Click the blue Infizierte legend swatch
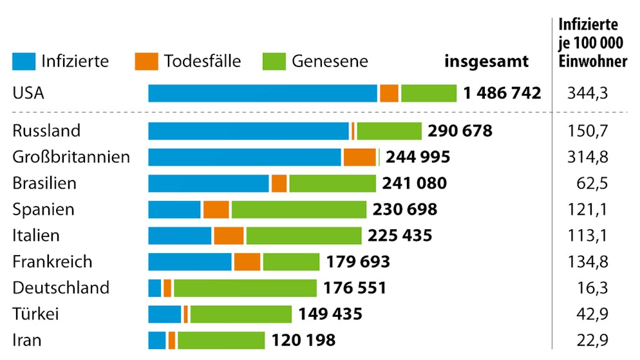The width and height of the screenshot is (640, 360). tap(24, 61)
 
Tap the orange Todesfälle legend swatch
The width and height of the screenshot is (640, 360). tap(146, 61)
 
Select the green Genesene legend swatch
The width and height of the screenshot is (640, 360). tap(274, 61)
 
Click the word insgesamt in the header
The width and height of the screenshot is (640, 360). tap(486, 62)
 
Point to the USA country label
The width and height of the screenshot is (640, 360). tap(28, 93)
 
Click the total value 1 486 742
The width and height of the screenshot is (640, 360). tap(502, 93)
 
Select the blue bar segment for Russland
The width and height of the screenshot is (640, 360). tap(249, 131)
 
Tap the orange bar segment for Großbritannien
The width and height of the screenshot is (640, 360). tap(359, 157)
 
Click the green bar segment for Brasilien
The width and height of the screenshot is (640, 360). tap(332, 184)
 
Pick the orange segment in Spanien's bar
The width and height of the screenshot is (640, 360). tap(216, 209)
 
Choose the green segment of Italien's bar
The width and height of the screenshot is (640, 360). tap(304, 236)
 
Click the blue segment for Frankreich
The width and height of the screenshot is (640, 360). tap(190, 261)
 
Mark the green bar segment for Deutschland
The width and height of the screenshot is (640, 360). tap(245, 288)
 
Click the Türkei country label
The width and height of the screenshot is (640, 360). tap(36, 314)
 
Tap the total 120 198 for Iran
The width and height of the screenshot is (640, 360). tap(303, 340)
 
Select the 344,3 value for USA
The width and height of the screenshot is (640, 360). tap(588, 93)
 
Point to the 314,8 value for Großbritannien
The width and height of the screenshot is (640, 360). tap(588, 157)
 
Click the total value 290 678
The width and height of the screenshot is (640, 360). tap(460, 131)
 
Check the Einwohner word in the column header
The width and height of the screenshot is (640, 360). tap(593, 62)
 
